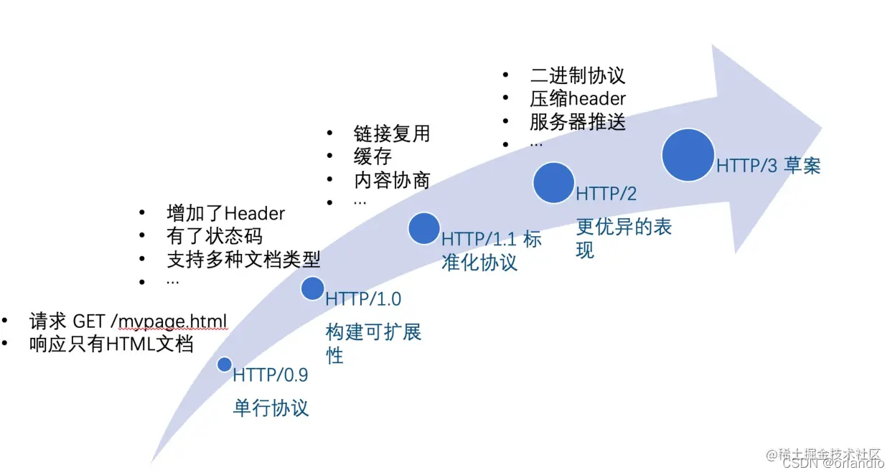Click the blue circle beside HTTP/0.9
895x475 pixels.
point(225,365)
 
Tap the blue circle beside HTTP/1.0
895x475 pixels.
point(312,288)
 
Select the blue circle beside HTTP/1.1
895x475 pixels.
point(423,227)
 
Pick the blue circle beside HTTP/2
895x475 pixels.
point(553,182)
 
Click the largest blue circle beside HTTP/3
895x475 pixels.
point(688,154)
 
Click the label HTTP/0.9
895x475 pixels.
point(270,375)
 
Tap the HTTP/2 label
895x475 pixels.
point(606,194)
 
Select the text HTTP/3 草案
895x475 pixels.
point(768,166)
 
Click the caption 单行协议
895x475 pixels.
point(271,408)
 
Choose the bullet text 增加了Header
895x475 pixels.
point(225,213)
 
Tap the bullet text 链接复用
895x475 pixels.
point(391,134)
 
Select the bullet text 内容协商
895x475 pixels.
point(391,179)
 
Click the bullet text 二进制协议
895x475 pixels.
point(577,75)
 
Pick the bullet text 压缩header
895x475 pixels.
point(577,98)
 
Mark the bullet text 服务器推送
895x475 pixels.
point(577,121)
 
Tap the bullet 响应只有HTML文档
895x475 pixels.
point(111,344)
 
